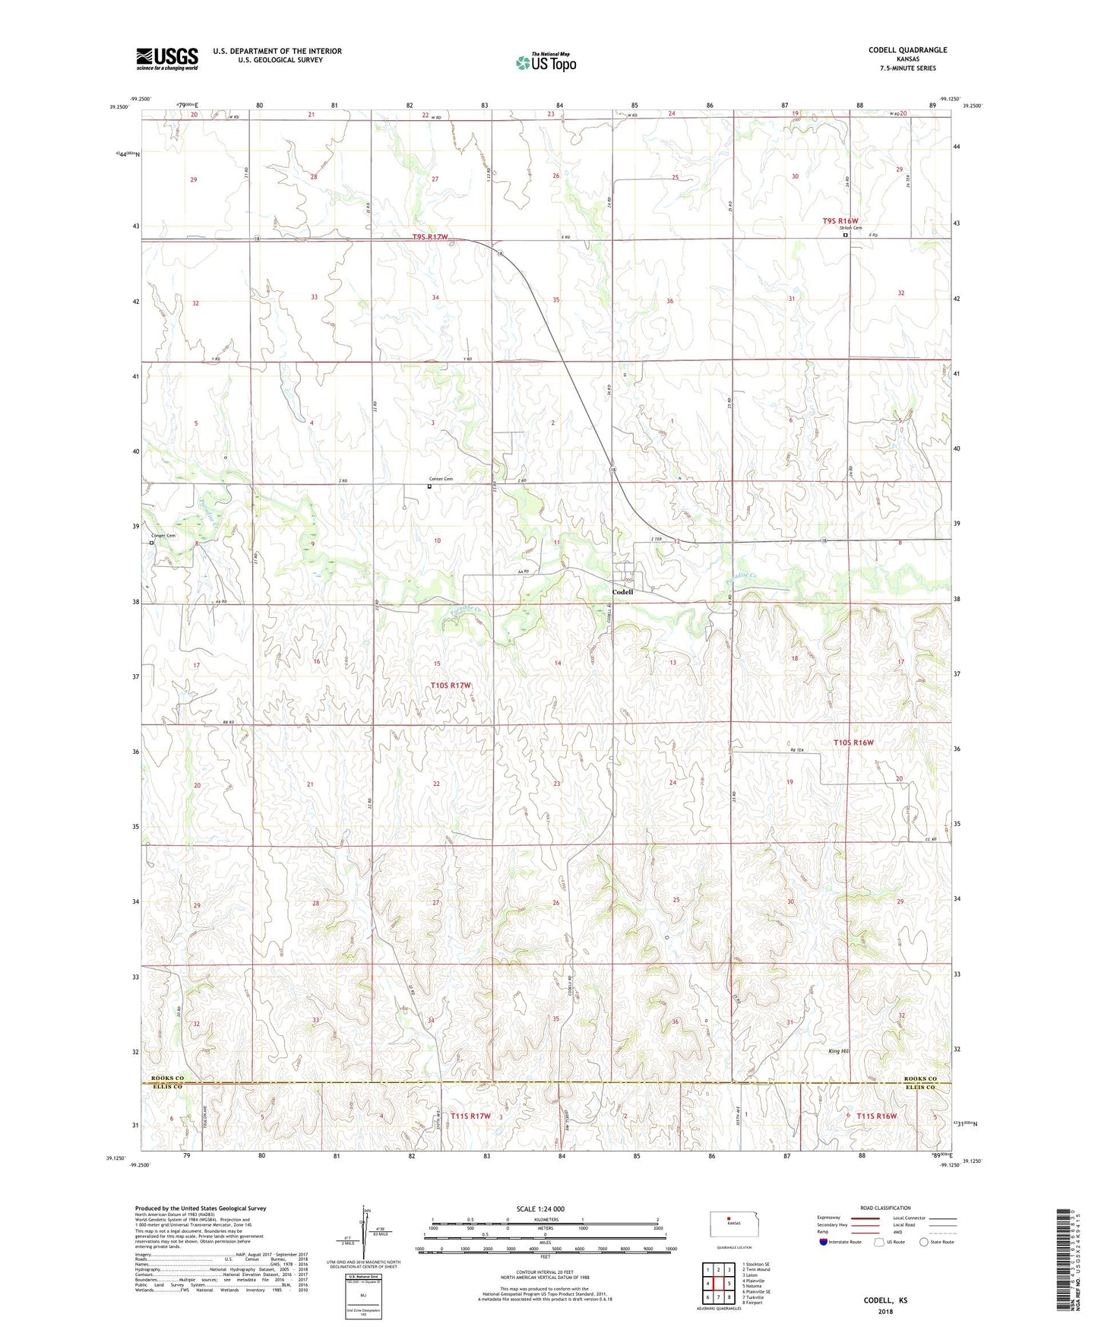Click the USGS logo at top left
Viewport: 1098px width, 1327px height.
pos(166,59)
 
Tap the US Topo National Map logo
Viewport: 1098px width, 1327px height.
pos(546,62)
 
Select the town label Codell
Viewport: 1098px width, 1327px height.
pos(622,592)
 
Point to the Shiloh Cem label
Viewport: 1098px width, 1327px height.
pos(850,228)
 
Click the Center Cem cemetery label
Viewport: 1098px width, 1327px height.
pos(441,479)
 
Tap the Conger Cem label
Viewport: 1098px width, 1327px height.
pos(163,536)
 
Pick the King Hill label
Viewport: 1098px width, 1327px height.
pos(838,1051)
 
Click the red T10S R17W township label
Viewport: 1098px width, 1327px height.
pos(451,686)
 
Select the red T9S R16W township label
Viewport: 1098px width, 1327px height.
pos(840,221)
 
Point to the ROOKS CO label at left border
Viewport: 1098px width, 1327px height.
pos(168,1078)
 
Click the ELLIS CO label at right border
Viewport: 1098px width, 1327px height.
pos(920,1087)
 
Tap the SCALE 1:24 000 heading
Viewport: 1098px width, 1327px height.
pos(540,1209)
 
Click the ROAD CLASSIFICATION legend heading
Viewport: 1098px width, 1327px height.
pos(884,1208)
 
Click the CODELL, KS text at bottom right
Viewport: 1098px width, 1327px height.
pos(885,1300)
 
